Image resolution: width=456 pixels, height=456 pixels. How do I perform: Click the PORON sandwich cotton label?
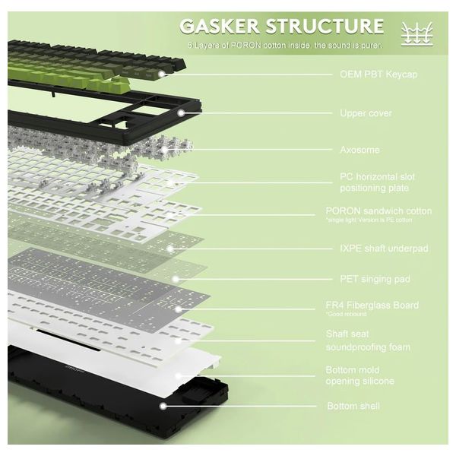pos(378,211)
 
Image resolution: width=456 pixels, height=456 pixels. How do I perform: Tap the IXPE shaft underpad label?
pos(374,248)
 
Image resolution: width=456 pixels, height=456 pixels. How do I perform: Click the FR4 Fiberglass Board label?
pos(372,306)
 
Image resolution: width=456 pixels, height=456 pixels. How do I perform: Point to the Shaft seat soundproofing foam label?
pos(368,340)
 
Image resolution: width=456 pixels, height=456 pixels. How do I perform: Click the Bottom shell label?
pos(353,406)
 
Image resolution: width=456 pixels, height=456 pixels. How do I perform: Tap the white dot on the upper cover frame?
pos(182,112)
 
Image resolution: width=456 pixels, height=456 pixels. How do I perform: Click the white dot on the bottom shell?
pos(162,406)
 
